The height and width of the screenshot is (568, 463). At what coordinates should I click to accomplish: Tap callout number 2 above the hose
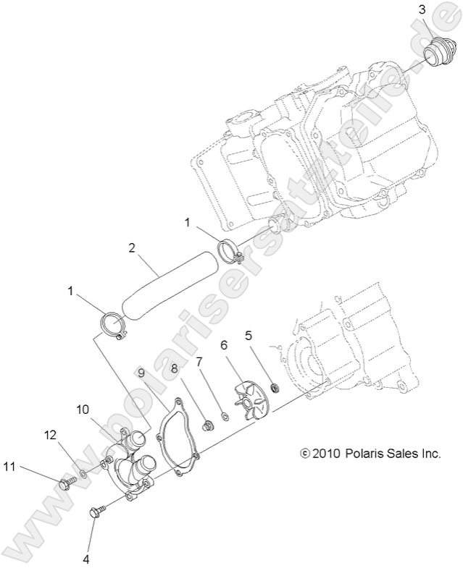click(132, 247)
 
